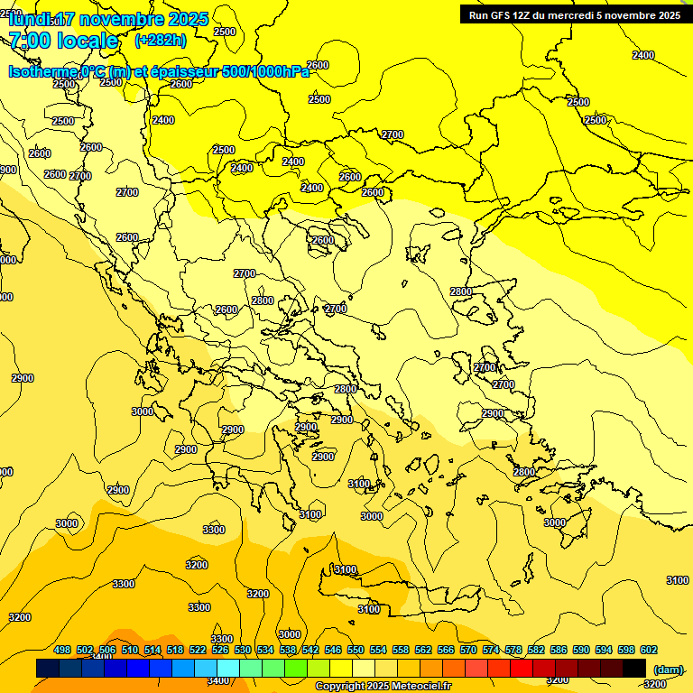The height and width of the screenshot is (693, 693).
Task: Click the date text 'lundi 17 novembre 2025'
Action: tap(108, 19)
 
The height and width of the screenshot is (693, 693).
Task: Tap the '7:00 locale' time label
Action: tap(63, 41)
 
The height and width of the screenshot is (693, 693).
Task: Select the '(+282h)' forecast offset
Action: tap(161, 40)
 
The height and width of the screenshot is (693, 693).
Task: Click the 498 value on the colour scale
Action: tap(62, 650)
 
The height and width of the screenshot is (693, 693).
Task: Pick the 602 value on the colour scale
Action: tap(649, 650)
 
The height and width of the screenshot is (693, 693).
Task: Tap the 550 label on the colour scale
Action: tap(356, 650)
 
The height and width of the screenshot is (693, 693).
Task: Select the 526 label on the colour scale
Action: tap(220, 650)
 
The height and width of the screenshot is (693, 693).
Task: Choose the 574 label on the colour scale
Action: tap(491, 650)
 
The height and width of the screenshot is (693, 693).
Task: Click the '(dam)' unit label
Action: tap(668, 669)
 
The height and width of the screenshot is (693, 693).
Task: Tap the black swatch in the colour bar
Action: tap(634, 669)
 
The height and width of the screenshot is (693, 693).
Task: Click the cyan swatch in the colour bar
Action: tap(228, 669)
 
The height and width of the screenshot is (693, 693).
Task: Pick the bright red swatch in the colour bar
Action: tap(522, 669)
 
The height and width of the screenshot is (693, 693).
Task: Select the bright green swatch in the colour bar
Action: tap(296, 669)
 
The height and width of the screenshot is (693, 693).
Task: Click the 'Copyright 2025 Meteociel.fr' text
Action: tap(383, 687)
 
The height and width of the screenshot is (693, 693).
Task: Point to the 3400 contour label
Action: tap(217, 680)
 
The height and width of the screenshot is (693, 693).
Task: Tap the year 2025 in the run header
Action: tap(668, 14)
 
